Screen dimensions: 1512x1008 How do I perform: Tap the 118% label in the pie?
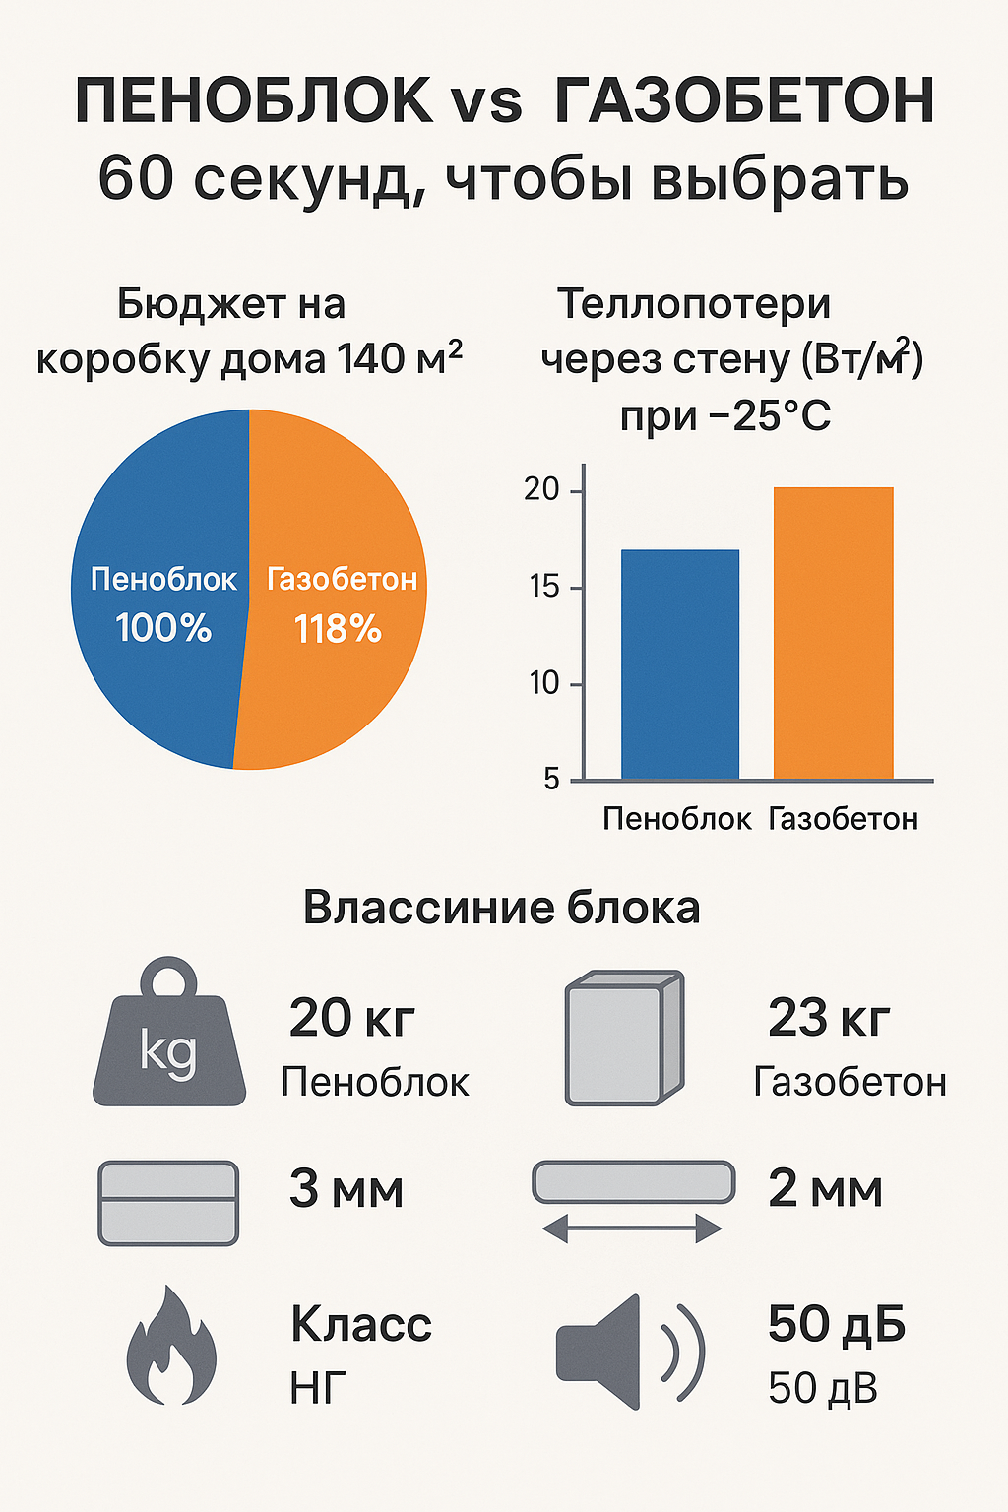coord(338,629)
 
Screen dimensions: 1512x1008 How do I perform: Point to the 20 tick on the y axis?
coord(541,489)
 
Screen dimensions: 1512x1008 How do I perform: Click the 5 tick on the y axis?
coord(551,780)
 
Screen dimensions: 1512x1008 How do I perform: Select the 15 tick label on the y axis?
coord(543,587)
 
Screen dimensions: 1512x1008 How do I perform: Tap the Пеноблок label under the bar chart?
coord(676,819)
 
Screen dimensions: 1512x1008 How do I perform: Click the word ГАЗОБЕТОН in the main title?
coord(744,101)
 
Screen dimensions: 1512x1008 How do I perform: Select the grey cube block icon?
coord(623,1038)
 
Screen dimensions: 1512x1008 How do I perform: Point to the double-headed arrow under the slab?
coord(632,1228)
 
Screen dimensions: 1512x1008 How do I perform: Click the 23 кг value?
coord(829,1019)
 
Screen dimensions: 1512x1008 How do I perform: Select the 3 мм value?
coord(346,1189)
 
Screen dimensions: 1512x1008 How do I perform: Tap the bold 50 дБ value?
coord(837,1325)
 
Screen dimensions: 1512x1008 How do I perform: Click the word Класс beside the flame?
coord(361,1325)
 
